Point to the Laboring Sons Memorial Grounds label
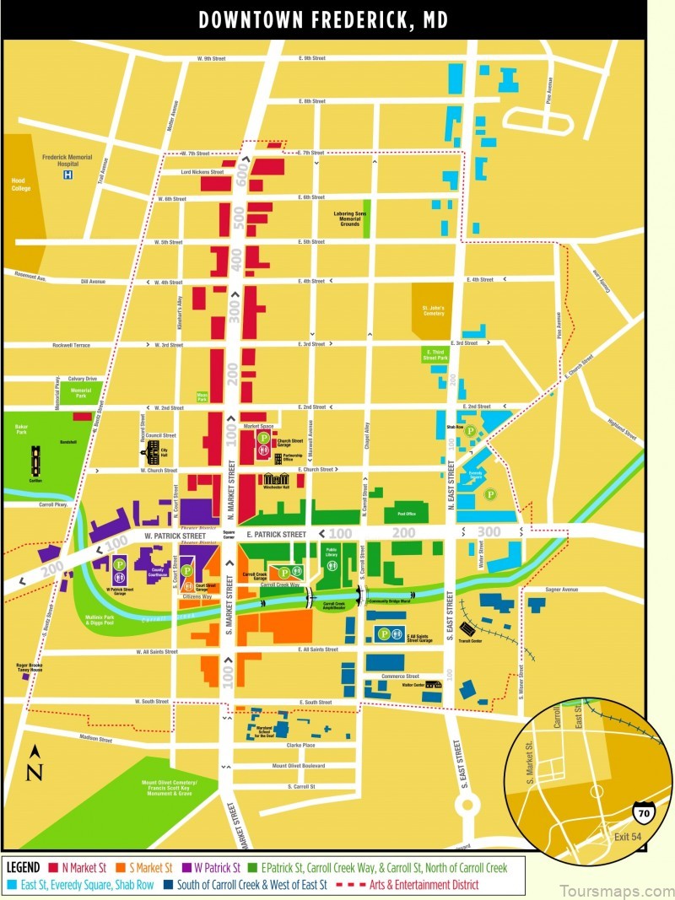coord(348,218)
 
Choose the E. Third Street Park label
coord(435,354)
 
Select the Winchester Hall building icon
coord(275,480)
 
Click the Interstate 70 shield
coord(643,813)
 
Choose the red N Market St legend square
coord(53,866)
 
